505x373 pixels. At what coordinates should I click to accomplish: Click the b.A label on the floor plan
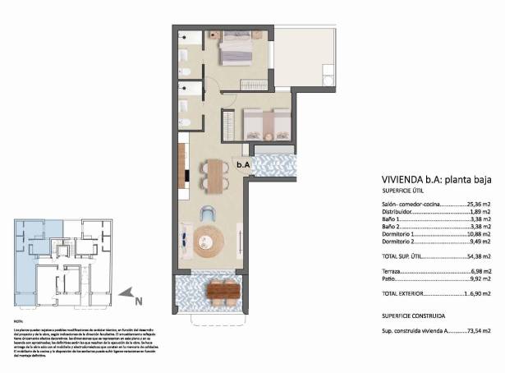[242, 164]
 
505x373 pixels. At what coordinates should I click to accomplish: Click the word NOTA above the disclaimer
[20, 320]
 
